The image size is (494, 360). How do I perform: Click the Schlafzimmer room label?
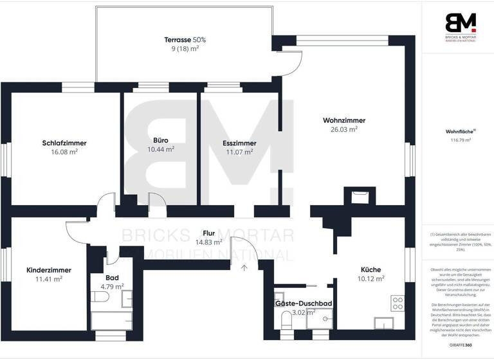64,143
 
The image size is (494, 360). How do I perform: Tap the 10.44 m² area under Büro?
161,149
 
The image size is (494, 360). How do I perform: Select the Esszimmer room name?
239,143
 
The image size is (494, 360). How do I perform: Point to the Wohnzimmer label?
344,120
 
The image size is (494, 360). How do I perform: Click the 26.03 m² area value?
344,129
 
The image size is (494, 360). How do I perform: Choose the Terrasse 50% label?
185,40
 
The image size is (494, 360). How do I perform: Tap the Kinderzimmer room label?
49,270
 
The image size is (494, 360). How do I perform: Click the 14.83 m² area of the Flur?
209,242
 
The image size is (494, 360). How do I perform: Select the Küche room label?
370,269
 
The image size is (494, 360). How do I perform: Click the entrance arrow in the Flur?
244,267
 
